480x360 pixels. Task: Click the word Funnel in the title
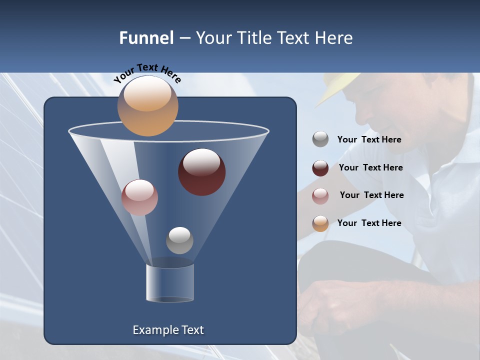pyautogui.click(x=146, y=38)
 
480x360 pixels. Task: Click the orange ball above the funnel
pyautogui.click(x=147, y=106)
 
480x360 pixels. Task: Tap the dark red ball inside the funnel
pyautogui.click(x=201, y=172)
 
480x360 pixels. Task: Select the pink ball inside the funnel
pyautogui.click(x=139, y=197)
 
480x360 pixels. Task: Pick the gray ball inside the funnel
pyautogui.click(x=179, y=240)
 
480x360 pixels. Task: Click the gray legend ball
pyautogui.click(x=320, y=139)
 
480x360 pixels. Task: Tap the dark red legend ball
pyautogui.click(x=320, y=168)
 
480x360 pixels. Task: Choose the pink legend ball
pyautogui.click(x=320, y=195)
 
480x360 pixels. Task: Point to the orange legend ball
pyautogui.click(x=320, y=223)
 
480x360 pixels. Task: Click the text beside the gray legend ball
pyautogui.click(x=369, y=140)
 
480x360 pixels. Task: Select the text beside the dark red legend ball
pyautogui.click(x=370, y=168)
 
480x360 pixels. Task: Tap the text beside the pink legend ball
pyautogui.click(x=371, y=195)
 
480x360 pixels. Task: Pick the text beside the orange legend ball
pyautogui.click(x=369, y=223)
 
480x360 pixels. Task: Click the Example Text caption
pyautogui.click(x=168, y=330)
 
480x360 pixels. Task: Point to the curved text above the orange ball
pyautogui.click(x=147, y=72)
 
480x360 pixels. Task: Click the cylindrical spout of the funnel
pyautogui.click(x=170, y=283)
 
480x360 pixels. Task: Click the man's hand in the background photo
pyautogui.click(x=330, y=305)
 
